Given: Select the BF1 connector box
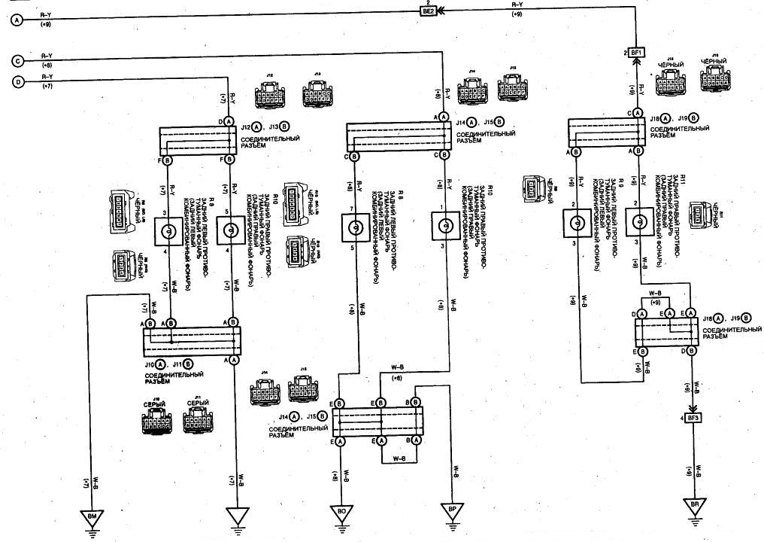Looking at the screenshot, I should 637,53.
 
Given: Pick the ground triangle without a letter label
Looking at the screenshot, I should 235,518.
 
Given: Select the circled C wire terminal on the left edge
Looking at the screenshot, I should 17,60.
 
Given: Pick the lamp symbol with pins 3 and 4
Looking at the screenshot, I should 169,232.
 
